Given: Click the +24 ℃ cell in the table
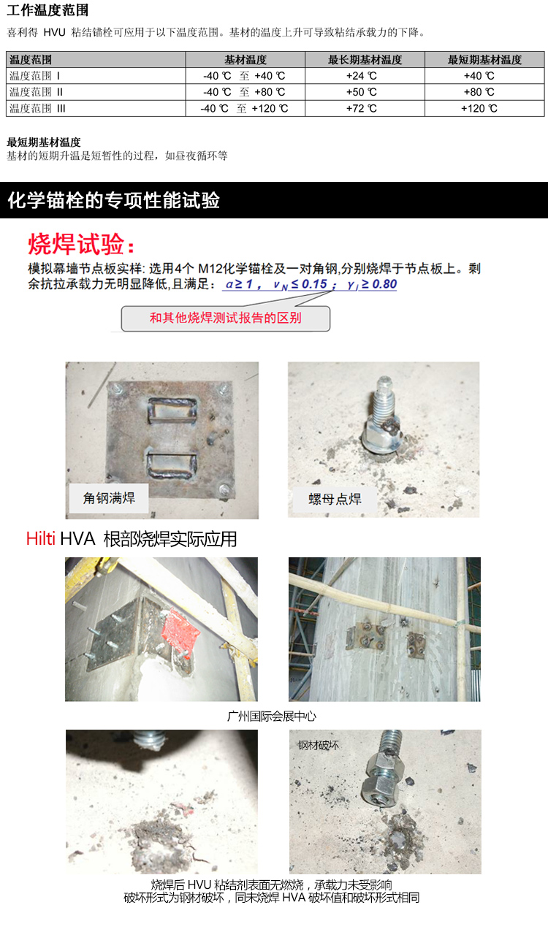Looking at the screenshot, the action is [361, 76].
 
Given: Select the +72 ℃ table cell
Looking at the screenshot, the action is [361, 109].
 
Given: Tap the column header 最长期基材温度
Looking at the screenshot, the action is [365, 60].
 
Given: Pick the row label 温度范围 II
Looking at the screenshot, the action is [36, 92].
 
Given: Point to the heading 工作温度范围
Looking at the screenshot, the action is [47, 10].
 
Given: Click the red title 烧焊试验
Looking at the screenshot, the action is [81, 244].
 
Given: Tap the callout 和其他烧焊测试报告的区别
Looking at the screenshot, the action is [226, 318].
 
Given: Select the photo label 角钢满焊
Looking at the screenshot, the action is [109, 498].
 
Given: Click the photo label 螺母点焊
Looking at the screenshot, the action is [335, 499].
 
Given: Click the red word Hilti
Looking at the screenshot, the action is [41, 538].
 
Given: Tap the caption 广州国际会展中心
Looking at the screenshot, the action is [272, 716].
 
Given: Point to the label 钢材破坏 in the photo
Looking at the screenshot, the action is [318, 745].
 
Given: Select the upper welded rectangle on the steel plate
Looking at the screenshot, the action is [172, 410].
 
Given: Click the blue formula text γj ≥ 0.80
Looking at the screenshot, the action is [372, 285].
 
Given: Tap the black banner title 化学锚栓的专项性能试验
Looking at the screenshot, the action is [114, 200].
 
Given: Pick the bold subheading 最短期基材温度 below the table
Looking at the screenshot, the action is [44, 142].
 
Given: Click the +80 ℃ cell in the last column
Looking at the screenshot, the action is [479, 92].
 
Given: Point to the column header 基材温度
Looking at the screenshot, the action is [246, 60].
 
